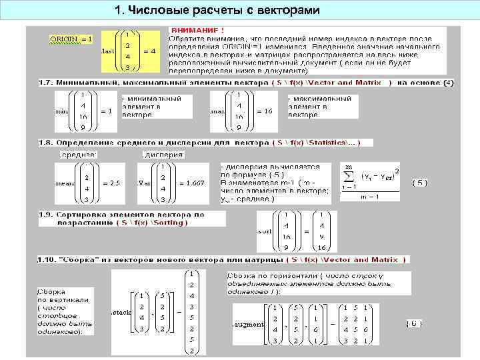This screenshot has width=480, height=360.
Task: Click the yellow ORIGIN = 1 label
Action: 71,39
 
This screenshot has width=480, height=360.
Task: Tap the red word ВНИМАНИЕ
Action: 197,30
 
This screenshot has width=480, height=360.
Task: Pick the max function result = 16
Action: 263,111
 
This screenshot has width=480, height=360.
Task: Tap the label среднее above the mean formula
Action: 78,154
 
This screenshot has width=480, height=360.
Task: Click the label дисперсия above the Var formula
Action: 163,154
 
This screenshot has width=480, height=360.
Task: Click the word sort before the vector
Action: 266,231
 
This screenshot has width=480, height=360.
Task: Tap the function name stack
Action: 121,312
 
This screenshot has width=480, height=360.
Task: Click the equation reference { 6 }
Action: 414,323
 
